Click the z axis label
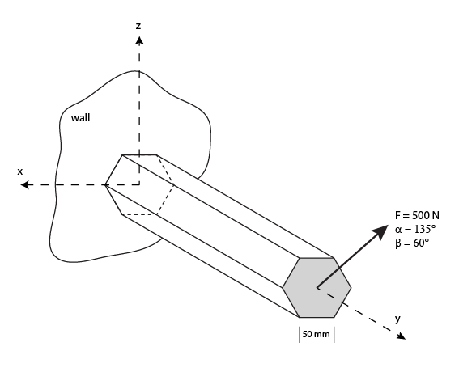138,26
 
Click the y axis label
397,319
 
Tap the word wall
81,118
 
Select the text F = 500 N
417,216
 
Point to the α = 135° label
416,229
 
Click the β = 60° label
412,242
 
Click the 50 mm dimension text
317,334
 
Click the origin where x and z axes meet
139,185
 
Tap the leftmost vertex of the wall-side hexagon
105,185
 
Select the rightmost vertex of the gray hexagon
351,287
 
